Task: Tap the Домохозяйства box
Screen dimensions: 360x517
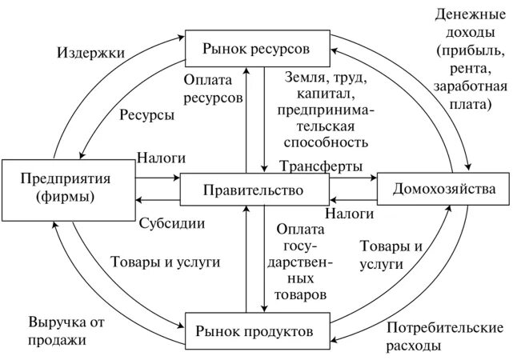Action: click(442, 190)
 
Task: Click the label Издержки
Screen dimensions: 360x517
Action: click(90, 53)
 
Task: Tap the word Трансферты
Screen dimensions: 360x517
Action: click(321, 166)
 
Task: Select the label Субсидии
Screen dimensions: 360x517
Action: click(171, 222)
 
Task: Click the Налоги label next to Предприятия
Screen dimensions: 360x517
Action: click(160, 158)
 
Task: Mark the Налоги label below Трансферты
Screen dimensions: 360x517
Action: click(350, 214)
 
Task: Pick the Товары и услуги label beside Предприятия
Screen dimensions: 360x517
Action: click(164, 262)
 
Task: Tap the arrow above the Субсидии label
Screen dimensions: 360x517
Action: click(157, 201)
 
